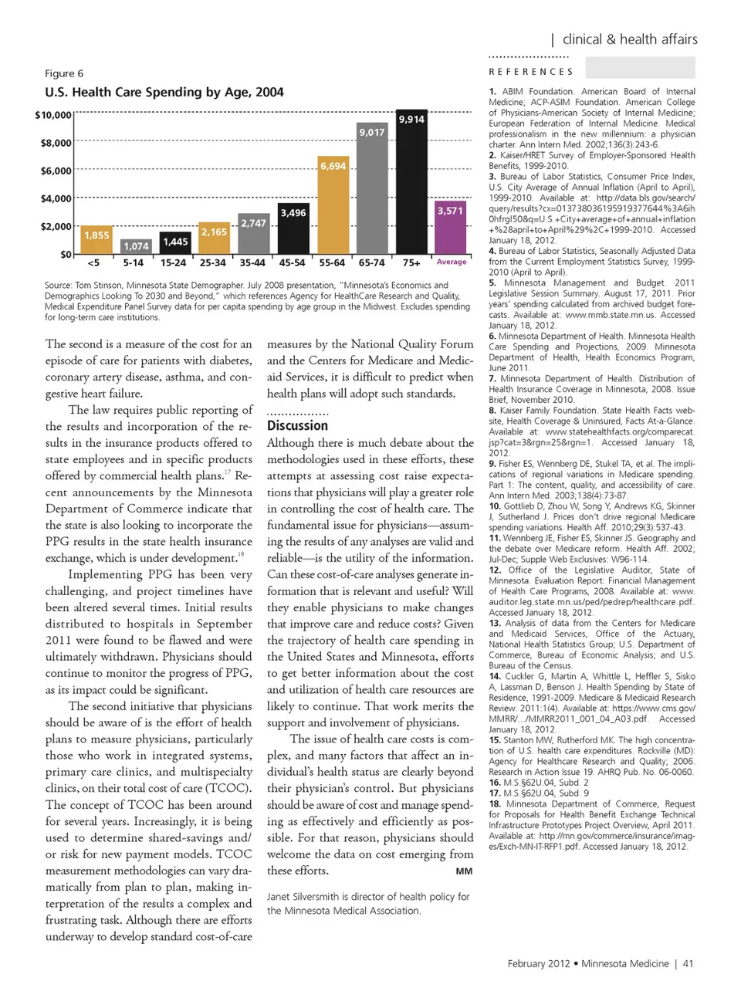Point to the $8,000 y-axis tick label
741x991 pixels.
click(x=56, y=143)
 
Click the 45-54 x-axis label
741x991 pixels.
click(x=293, y=262)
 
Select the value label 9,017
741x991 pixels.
click(x=372, y=132)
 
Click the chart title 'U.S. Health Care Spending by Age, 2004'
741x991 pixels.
click(x=164, y=92)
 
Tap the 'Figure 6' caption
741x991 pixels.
click(x=64, y=73)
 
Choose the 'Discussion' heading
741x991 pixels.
click(x=297, y=425)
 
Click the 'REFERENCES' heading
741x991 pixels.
click(x=531, y=72)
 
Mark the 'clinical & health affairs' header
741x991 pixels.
click(x=630, y=39)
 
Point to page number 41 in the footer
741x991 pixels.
click(x=689, y=963)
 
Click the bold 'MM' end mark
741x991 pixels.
click(x=464, y=871)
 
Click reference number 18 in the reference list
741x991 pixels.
click(x=495, y=803)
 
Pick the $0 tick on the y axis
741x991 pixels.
click(x=66, y=254)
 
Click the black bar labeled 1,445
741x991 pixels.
click(x=175, y=243)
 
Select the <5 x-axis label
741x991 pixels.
click(x=93, y=262)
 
